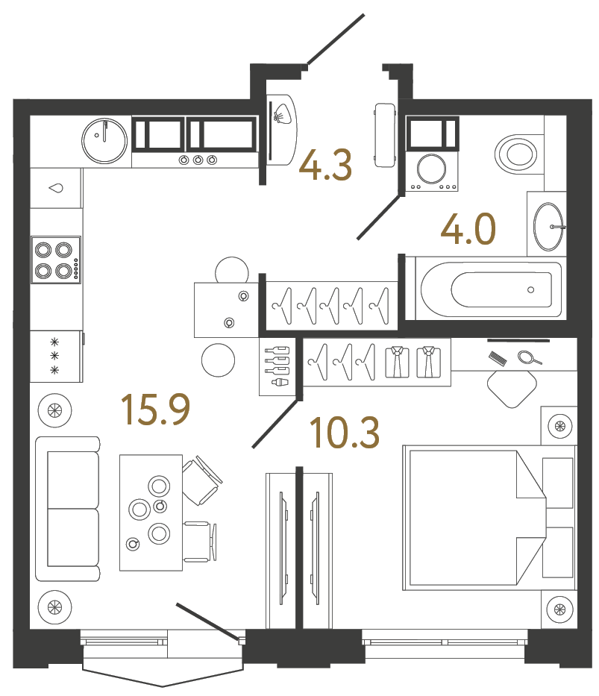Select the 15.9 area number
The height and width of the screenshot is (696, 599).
(156, 410)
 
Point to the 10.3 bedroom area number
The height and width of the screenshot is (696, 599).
(345, 433)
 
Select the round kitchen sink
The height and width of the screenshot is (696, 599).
(105, 140)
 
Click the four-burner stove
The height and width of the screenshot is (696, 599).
(55, 260)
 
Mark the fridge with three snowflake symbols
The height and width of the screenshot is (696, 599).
(54, 356)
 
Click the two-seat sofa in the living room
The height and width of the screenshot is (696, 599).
(67, 509)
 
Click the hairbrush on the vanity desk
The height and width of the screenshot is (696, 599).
(498, 358)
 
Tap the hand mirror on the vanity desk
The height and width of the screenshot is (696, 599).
(528, 358)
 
